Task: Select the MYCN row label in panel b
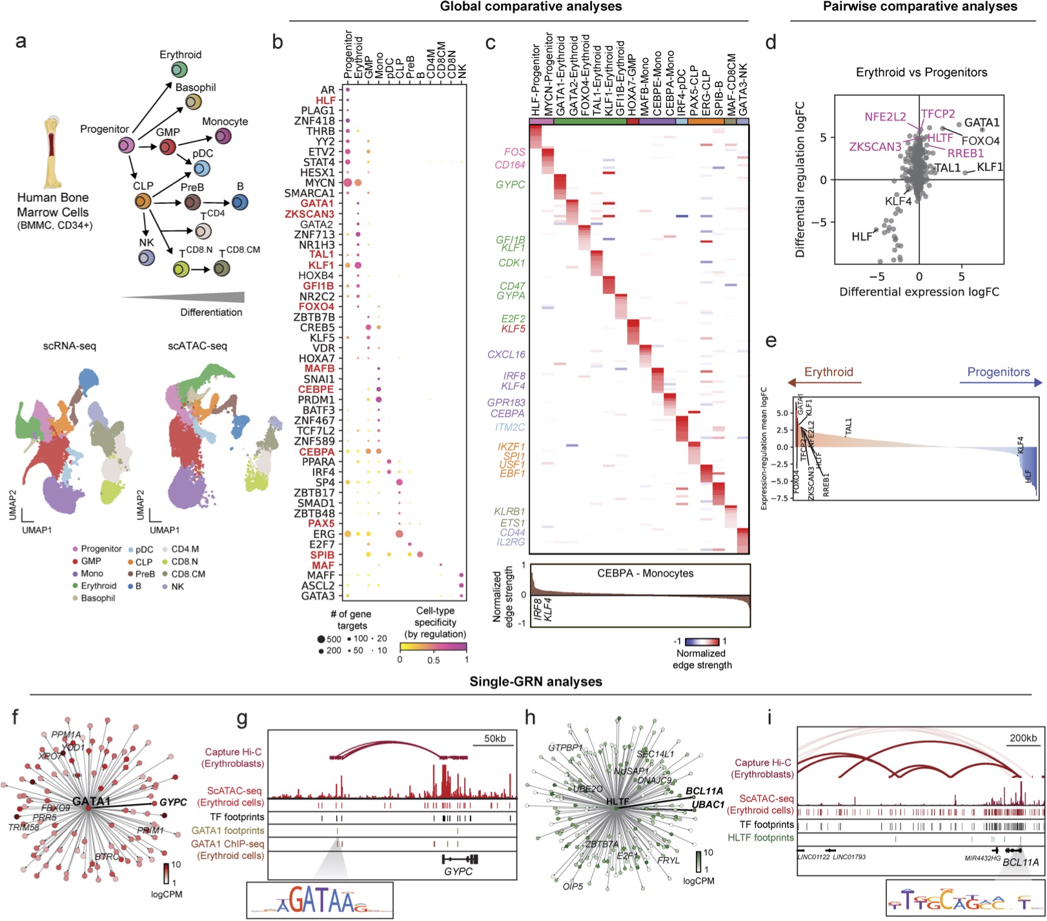318,183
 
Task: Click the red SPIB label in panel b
322,554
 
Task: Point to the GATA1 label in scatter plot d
982,123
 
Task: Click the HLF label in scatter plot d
862,237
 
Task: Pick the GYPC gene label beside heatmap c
510,185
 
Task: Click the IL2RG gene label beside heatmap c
510,542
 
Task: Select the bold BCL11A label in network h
704,791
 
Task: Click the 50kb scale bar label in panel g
494,738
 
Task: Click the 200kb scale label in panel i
1023,738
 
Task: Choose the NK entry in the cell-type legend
178,586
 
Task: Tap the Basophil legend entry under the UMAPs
97,598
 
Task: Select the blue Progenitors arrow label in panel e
998,372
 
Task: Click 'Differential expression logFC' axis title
919,292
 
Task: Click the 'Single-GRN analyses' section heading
536,682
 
